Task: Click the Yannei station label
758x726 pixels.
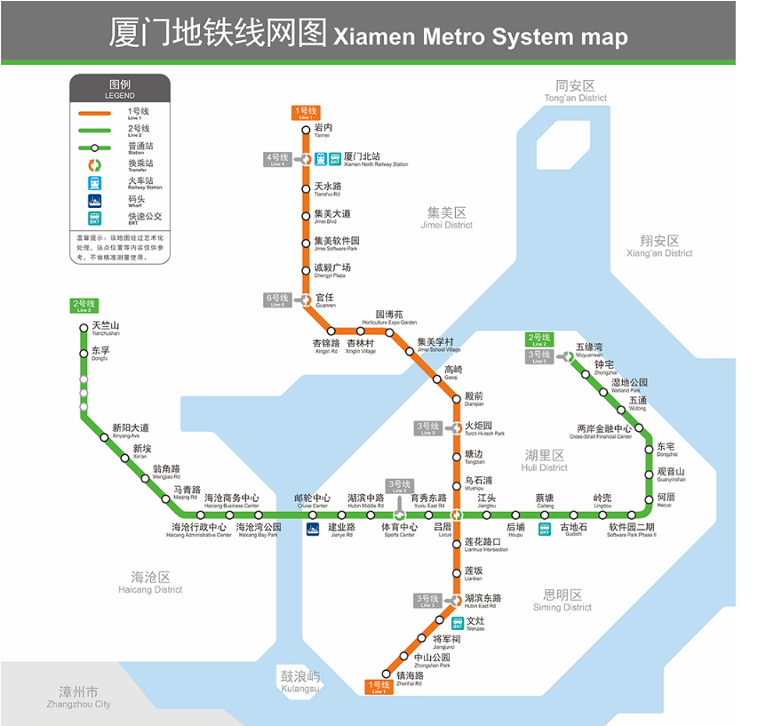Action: [323, 131]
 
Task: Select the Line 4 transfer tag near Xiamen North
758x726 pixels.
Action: [276, 160]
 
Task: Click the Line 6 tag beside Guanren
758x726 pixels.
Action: [276, 299]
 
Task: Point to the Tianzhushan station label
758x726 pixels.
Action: [105, 329]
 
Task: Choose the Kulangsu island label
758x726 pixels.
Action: [299, 682]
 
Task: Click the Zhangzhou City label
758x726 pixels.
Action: [79, 698]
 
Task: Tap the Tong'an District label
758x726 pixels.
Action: [575, 91]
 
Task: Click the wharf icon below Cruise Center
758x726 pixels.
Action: [312, 530]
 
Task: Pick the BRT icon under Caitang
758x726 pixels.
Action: [545, 531]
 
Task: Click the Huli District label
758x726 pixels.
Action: [545, 460]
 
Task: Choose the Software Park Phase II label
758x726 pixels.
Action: [631, 531]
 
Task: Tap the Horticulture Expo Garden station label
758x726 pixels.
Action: [388, 317]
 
